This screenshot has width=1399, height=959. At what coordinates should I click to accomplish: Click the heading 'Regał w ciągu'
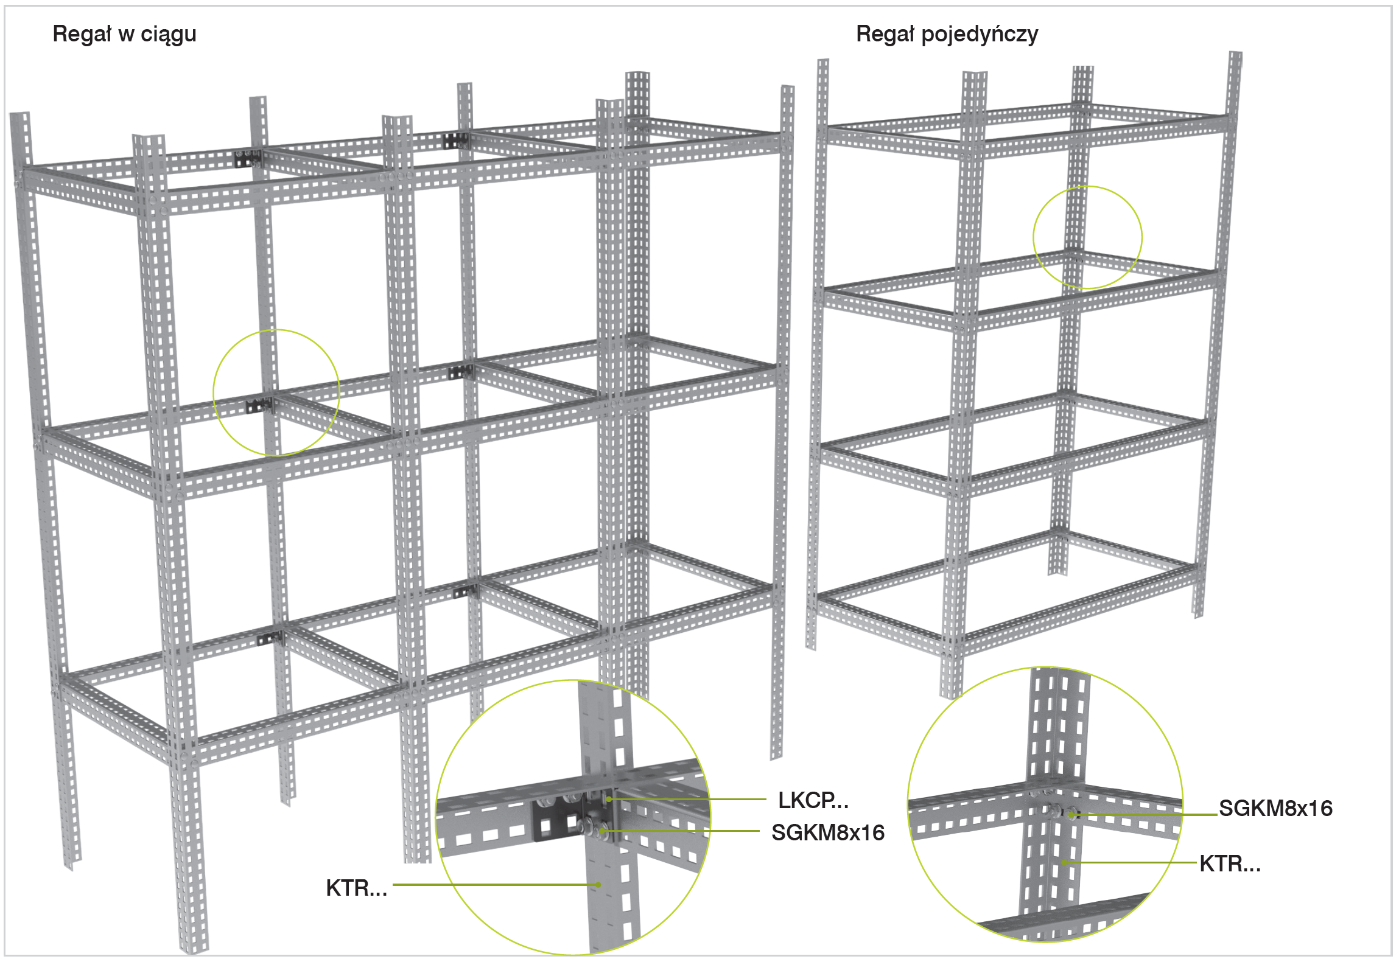click(x=124, y=34)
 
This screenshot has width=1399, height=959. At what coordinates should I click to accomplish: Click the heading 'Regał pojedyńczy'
click(x=947, y=34)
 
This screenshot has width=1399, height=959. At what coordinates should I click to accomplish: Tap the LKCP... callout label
click(x=813, y=800)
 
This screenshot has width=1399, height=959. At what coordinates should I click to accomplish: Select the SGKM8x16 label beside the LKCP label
click(x=827, y=832)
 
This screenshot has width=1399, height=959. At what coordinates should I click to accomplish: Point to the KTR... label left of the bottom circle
click(x=356, y=888)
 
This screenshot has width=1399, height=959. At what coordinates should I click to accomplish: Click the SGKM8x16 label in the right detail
click(x=1275, y=808)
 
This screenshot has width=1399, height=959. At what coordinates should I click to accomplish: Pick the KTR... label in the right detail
click(x=1230, y=863)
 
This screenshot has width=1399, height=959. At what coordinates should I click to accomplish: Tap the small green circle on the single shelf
click(x=1087, y=237)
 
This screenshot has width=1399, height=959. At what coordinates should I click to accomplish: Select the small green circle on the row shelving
click(x=276, y=392)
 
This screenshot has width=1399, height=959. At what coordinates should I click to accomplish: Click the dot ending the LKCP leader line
click(x=608, y=799)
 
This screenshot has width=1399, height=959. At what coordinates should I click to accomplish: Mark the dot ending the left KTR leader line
click(x=598, y=885)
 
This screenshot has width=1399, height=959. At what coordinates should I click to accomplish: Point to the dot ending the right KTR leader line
click(x=1064, y=862)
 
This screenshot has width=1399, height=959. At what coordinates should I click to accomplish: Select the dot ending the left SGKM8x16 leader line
click(x=601, y=831)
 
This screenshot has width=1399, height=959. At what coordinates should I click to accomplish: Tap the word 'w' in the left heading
click(x=126, y=34)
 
